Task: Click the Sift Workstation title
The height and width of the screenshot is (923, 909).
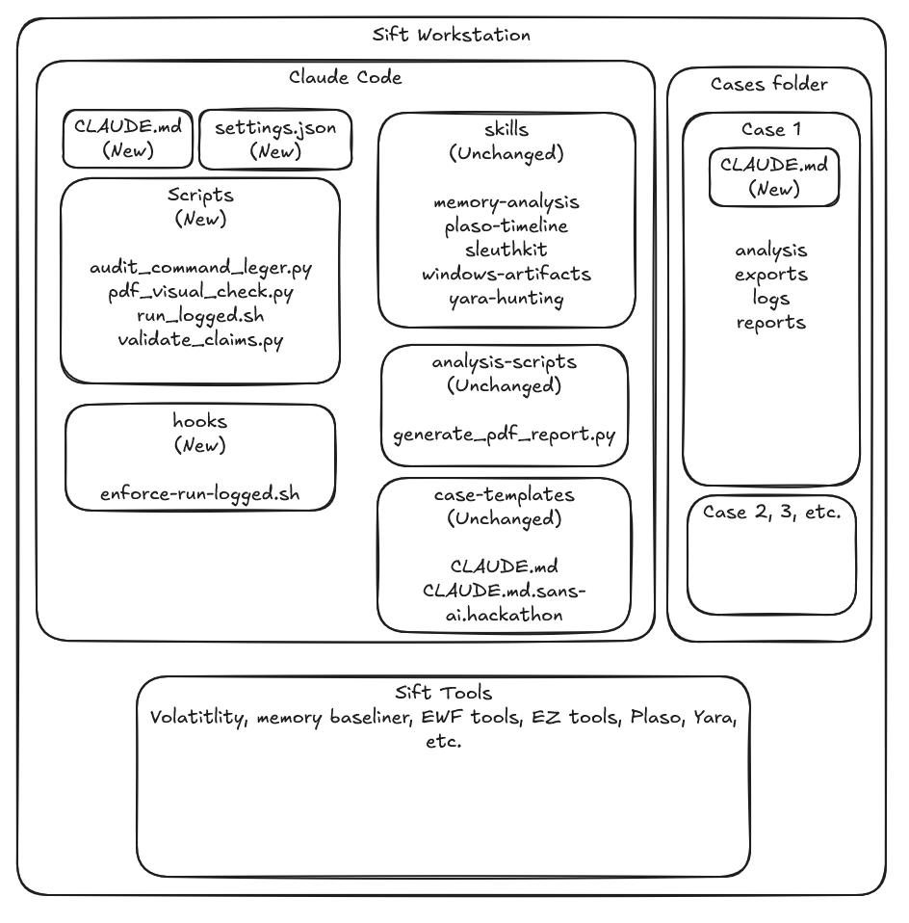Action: point(452,35)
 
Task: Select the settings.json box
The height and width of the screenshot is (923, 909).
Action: point(275,140)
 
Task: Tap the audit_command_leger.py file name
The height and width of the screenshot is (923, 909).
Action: point(200,268)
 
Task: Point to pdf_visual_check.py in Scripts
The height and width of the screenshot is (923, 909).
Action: point(200,292)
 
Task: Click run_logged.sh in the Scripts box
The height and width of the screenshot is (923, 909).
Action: point(200,316)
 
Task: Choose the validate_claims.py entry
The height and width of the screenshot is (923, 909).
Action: point(200,340)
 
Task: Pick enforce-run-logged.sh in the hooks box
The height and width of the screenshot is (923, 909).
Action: point(200,493)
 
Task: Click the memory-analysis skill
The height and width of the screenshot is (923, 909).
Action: point(506,202)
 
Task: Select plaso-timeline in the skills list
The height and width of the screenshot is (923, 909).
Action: point(506,226)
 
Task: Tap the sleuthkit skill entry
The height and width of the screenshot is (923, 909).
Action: point(506,251)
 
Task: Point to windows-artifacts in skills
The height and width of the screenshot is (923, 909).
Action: point(506,275)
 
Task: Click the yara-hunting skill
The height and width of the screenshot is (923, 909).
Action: point(506,299)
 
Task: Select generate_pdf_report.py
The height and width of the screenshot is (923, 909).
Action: point(505,435)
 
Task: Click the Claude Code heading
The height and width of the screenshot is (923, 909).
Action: point(346,77)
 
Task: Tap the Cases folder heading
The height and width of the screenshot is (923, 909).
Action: point(769,84)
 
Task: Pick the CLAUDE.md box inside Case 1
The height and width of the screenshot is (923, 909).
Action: point(774,177)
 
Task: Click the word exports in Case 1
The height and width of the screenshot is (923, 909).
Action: point(771,275)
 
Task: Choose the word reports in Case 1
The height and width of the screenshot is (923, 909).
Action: point(771,323)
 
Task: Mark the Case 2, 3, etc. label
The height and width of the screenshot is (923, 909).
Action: point(772,513)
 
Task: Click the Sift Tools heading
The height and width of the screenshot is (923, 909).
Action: point(444,692)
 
